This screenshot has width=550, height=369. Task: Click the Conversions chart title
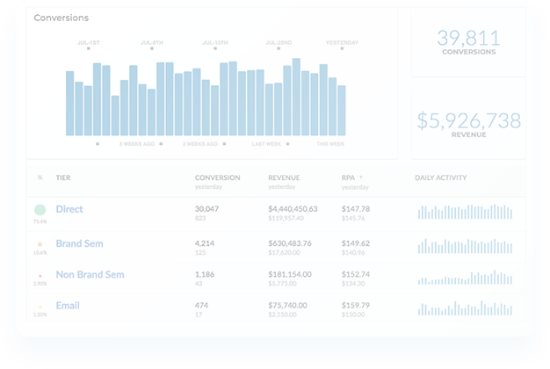[x=61, y=17]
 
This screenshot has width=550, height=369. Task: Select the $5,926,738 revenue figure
[x=467, y=121]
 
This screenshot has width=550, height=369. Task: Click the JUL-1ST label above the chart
[x=89, y=41]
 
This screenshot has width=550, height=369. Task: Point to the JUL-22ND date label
[x=279, y=41]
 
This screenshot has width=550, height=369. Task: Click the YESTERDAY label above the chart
[x=342, y=41]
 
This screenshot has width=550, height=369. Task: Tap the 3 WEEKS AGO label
[x=137, y=143]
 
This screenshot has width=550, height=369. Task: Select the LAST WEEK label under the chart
[x=266, y=143]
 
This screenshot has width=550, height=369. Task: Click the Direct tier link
[x=69, y=209]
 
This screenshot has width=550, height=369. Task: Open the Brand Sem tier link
[x=80, y=243]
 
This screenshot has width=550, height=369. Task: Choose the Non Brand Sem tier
[x=90, y=274]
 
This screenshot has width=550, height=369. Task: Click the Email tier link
[x=68, y=305]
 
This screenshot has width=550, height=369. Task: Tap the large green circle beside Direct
[x=40, y=210]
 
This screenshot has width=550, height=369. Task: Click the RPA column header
[x=348, y=177]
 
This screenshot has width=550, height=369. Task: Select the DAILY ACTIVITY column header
[x=440, y=177]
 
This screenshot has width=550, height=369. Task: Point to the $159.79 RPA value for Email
[x=355, y=305]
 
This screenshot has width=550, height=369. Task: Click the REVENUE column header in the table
[x=283, y=177]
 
